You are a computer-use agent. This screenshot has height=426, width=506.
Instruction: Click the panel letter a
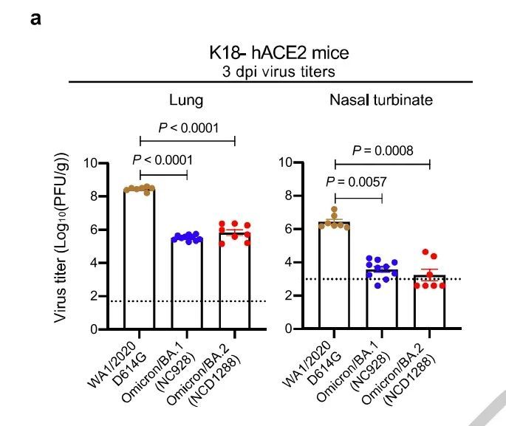[x=35, y=17]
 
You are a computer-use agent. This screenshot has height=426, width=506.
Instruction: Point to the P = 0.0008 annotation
[x=383, y=151]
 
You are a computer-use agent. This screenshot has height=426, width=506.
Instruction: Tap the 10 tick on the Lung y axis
[x=91, y=162]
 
